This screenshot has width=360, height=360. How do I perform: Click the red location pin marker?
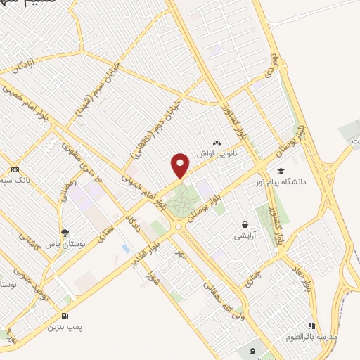point(181,165)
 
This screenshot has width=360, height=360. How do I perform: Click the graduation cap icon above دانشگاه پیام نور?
point(281,171)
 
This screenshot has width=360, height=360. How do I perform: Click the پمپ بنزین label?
point(64,327)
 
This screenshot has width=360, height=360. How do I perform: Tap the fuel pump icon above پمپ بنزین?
point(65,316)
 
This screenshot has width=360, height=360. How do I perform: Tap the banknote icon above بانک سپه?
point(15,170)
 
